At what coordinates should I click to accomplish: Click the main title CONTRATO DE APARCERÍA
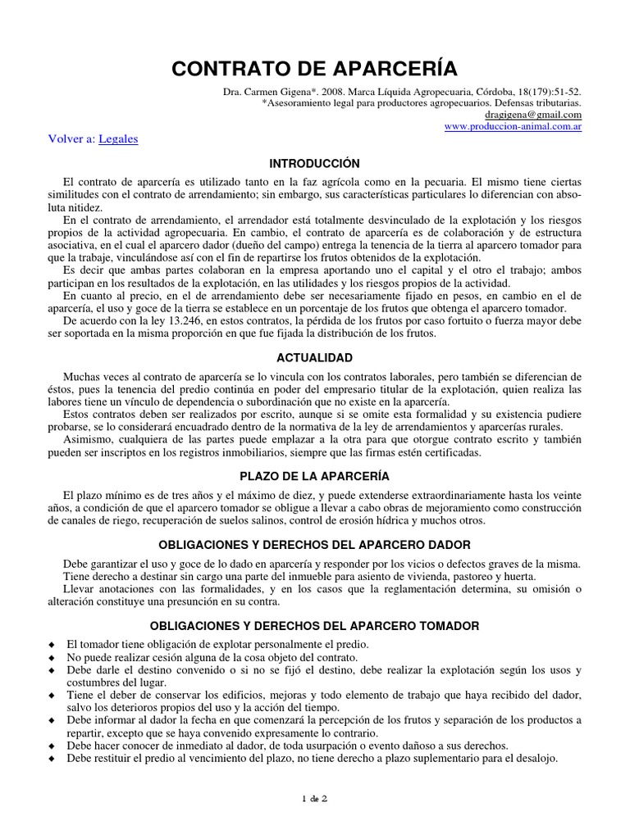(x=315, y=69)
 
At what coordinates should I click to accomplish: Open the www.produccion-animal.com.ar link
(x=513, y=128)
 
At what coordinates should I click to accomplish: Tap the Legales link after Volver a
(x=118, y=139)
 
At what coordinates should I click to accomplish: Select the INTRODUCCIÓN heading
(x=315, y=164)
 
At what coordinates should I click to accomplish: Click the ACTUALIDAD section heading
(x=315, y=358)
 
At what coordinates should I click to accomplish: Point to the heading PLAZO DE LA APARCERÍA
(x=315, y=476)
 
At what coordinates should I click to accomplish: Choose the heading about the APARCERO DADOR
(x=315, y=545)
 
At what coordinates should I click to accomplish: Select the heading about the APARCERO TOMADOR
(x=315, y=626)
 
